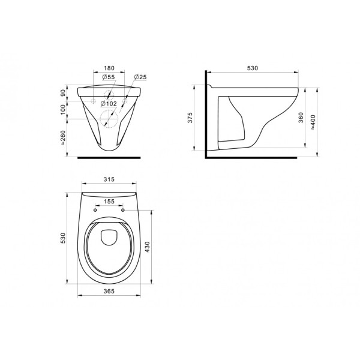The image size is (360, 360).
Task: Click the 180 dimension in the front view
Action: (108, 69)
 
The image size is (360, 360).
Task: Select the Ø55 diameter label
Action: (109, 78)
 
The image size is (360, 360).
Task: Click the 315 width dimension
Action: (108, 179)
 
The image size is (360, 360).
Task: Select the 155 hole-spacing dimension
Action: (109, 202)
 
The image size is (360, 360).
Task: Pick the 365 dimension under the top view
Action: (108, 292)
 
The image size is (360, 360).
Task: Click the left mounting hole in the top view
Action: (95, 210)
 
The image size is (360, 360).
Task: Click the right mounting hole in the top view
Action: (122, 210)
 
